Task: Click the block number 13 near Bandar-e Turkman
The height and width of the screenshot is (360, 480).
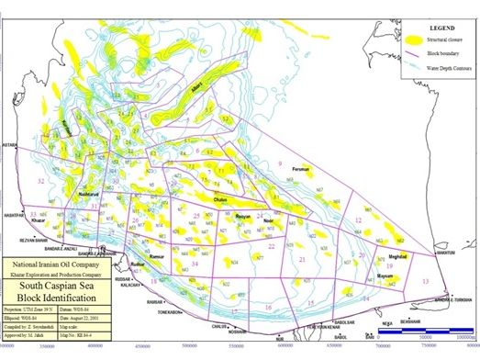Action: [425, 280]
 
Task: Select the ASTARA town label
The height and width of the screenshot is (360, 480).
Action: [11, 144]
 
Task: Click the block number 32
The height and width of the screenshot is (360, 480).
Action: [40, 182]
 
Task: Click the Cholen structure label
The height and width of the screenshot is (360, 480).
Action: [220, 199]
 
